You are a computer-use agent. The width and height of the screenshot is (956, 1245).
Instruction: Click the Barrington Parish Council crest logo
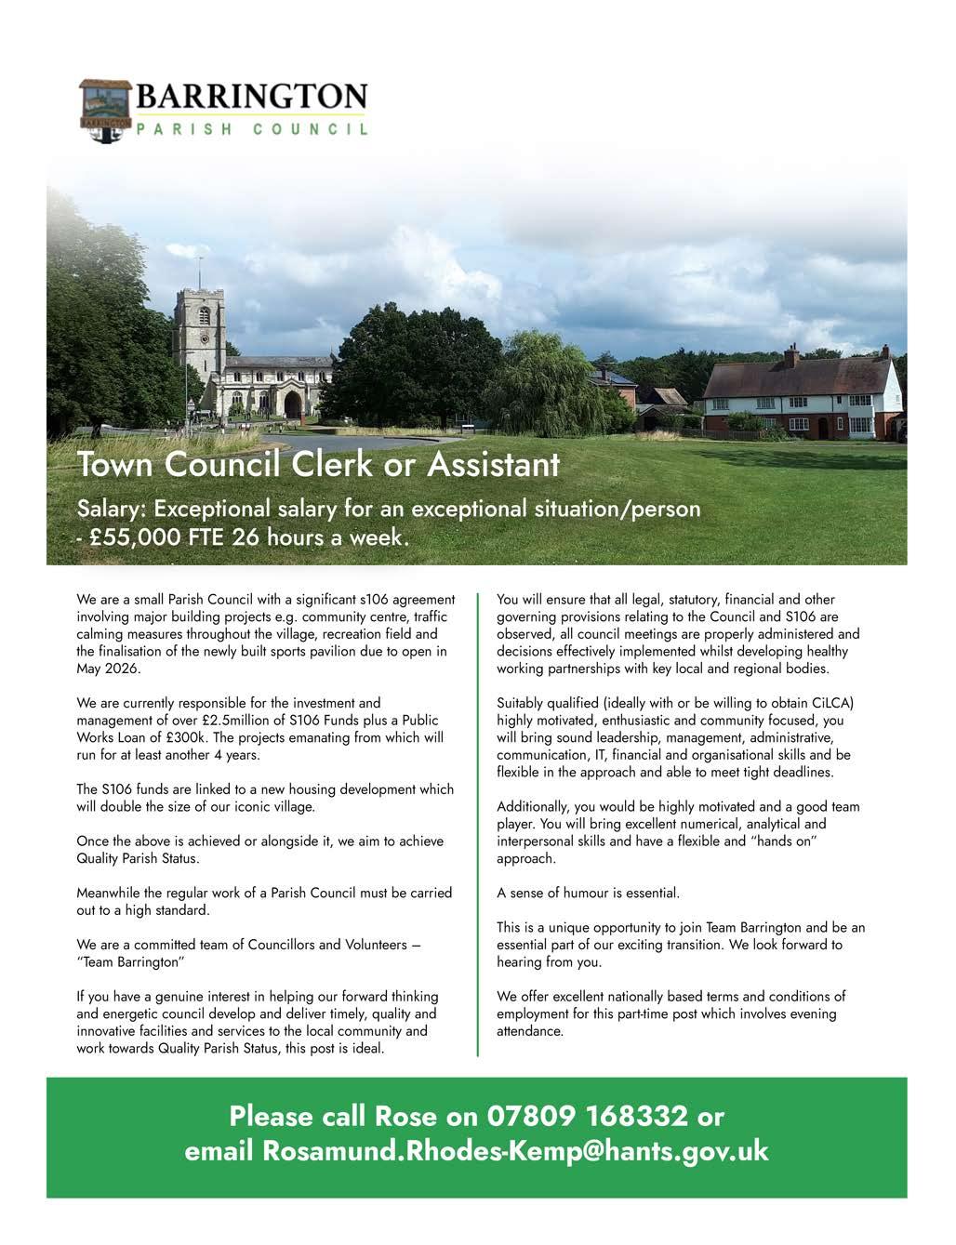click(105, 111)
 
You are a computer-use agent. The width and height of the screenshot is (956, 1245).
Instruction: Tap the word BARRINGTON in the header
click(252, 97)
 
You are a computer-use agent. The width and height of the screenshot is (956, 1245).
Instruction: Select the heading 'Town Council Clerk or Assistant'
click(318, 463)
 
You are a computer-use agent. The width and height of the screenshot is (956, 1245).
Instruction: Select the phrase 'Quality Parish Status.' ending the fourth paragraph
click(138, 858)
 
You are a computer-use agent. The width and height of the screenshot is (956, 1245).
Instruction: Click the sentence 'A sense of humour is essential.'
click(589, 893)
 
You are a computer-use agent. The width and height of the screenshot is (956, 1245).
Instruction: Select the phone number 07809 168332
click(587, 1114)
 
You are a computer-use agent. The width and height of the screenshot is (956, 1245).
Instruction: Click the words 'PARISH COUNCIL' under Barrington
click(252, 129)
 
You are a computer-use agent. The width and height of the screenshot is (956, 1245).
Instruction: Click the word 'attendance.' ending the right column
click(530, 1031)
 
